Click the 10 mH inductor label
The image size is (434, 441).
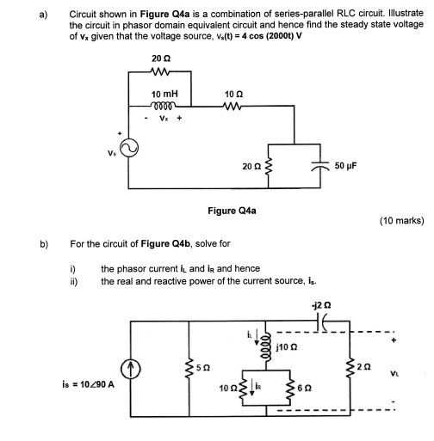pyautogui.click(x=164, y=93)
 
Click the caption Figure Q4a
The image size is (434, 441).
pyautogui.click(x=231, y=210)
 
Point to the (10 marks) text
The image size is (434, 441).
pyautogui.click(x=400, y=221)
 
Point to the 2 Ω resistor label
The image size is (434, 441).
pyautogui.click(x=364, y=364)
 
